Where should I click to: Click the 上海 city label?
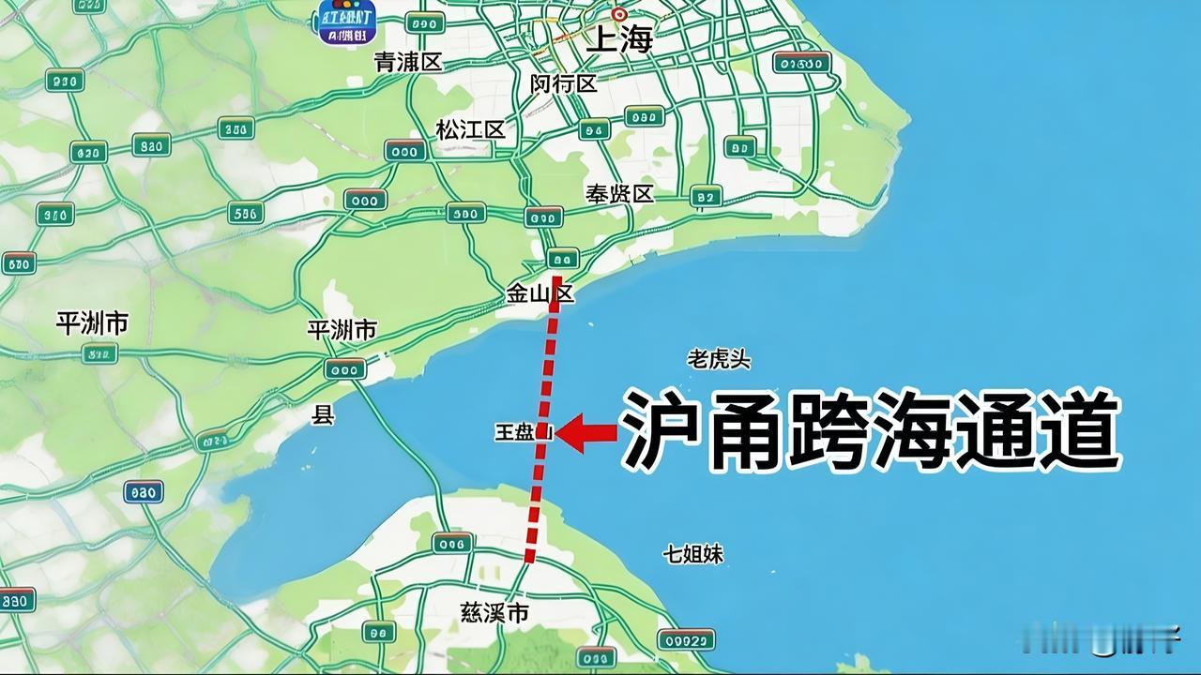tap(618, 40)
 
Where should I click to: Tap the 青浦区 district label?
tap(407, 62)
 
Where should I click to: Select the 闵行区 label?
tap(563, 83)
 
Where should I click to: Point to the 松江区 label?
tap(470, 129)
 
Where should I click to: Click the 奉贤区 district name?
tap(619, 194)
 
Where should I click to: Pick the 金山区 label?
tap(540, 293)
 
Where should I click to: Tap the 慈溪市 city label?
tap(494, 613)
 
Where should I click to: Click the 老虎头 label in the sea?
tap(719, 359)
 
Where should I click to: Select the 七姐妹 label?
tap(693, 554)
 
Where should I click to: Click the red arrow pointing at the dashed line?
tap(587, 433)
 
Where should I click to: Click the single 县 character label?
tap(323, 415)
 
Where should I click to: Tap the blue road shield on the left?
tap(144, 491)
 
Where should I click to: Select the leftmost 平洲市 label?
tap(91, 323)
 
